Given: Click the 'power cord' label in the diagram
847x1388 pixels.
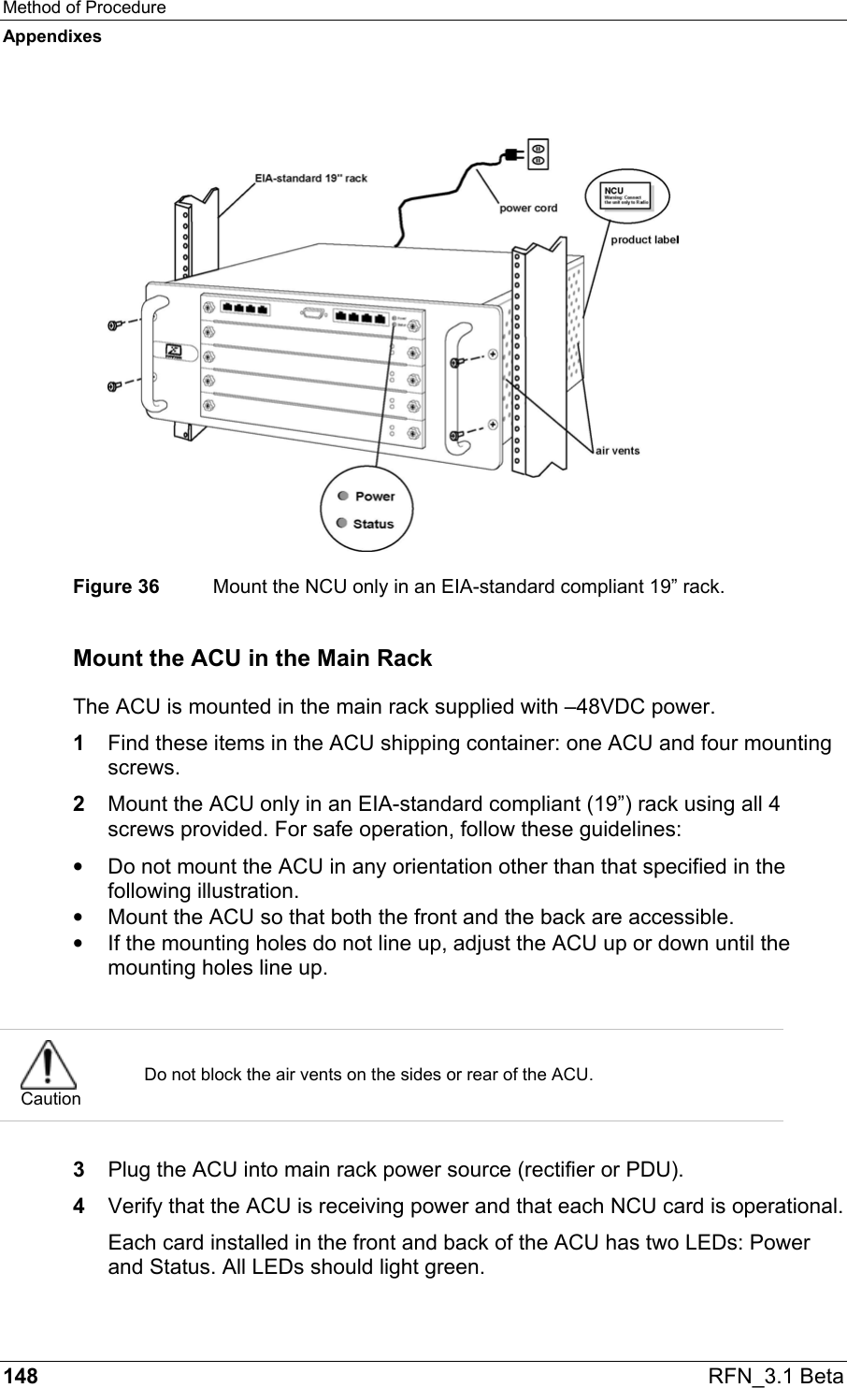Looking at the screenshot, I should click(x=528, y=208).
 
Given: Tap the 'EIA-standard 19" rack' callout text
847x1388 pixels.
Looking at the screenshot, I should click(x=310, y=177).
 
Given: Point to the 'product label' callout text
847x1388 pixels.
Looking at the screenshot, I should click(x=645, y=240).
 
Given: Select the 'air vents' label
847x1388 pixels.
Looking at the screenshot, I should click(x=618, y=450).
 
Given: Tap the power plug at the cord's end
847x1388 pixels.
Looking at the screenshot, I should click(x=514, y=156).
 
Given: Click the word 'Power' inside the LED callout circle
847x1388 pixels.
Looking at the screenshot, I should click(x=374, y=496).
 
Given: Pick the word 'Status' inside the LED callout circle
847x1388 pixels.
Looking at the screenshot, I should click(x=373, y=524).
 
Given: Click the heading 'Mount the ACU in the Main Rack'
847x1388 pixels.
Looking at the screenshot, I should click(x=252, y=658).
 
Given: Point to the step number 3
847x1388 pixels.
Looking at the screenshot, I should click(x=79, y=1169).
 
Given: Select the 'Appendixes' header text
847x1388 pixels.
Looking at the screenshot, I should click(x=51, y=36).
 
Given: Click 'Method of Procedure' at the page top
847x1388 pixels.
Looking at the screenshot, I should click(x=83, y=8).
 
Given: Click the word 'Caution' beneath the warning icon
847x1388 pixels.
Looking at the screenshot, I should click(x=50, y=1099).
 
